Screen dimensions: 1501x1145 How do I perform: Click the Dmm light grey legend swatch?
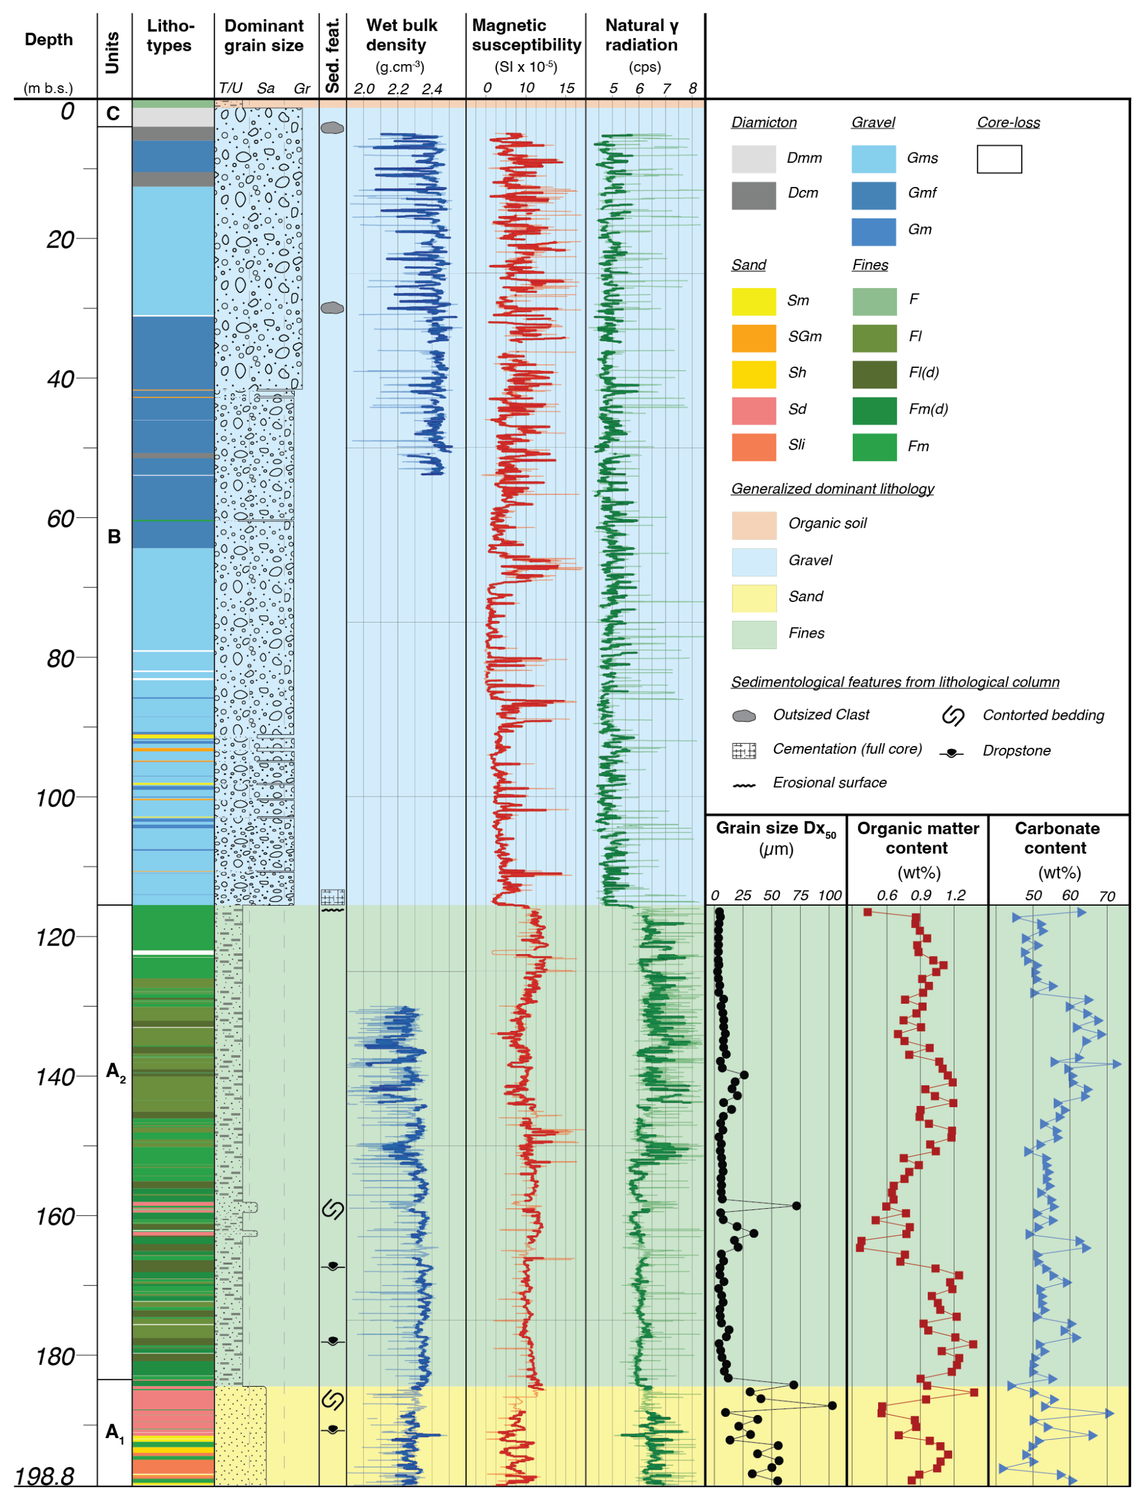click(x=753, y=159)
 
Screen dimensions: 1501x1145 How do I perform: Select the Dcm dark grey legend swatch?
click(x=753, y=195)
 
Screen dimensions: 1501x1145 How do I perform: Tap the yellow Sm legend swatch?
click(x=753, y=301)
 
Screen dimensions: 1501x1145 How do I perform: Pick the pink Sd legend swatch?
click(x=753, y=410)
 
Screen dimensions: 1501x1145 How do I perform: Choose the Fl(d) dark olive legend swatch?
click(x=874, y=374)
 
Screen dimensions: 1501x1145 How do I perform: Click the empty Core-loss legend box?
click(x=999, y=159)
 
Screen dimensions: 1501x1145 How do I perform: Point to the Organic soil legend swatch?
click(x=753, y=525)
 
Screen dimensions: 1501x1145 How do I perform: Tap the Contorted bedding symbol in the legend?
click(x=952, y=716)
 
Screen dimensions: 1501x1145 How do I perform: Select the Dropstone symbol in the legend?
click(x=951, y=752)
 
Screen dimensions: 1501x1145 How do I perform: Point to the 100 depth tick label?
click(x=56, y=798)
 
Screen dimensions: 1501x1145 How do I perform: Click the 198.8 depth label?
click(x=44, y=1476)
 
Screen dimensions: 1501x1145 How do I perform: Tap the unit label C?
click(x=113, y=113)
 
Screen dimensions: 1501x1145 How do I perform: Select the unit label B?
click(x=114, y=536)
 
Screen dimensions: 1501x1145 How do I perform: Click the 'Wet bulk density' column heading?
click(x=401, y=36)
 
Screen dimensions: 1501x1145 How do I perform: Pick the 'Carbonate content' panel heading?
click(x=1057, y=838)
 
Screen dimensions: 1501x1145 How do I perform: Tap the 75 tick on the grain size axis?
click(x=800, y=895)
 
